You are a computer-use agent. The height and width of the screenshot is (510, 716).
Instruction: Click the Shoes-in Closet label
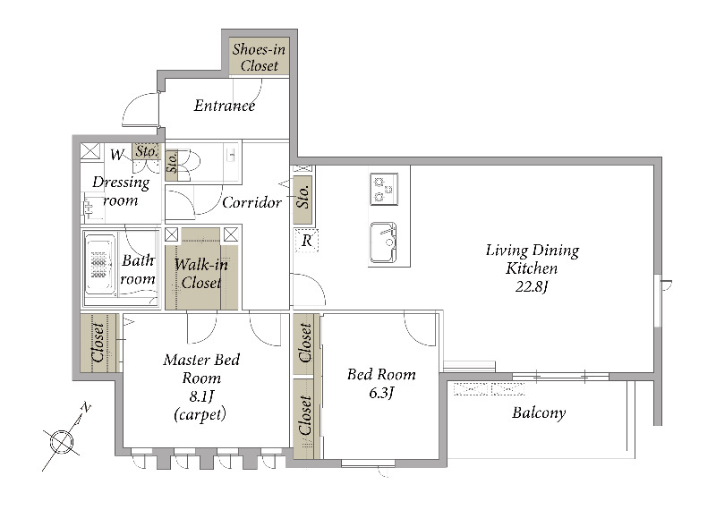pyautogui.click(x=259, y=57)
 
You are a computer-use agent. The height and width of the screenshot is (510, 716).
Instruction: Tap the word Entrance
pyautogui.click(x=225, y=106)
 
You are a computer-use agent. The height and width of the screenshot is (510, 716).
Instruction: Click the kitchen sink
pyautogui.click(x=383, y=242)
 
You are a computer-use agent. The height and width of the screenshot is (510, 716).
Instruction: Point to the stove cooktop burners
pyautogui.click(x=384, y=189)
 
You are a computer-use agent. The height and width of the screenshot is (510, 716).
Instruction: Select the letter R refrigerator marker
pyautogui.click(x=307, y=240)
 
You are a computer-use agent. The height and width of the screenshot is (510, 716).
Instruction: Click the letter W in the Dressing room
pyautogui.click(x=117, y=155)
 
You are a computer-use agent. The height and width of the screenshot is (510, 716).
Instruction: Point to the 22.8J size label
pyautogui.click(x=532, y=286)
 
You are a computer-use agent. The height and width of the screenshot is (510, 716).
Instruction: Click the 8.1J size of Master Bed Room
pyautogui.click(x=200, y=396)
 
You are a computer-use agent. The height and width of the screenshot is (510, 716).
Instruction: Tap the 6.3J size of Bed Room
pyautogui.click(x=381, y=392)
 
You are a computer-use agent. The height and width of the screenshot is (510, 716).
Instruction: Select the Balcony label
pyautogui.click(x=539, y=412)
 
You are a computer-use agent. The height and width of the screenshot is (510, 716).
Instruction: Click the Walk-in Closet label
pyautogui.click(x=200, y=274)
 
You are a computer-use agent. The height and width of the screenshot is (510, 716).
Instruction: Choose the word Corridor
pyautogui.click(x=251, y=202)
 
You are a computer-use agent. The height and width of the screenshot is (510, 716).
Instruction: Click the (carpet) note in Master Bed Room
pyautogui.click(x=200, y=414)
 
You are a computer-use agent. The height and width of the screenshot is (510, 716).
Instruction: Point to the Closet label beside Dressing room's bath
pyautogui.click(x=98, y=343)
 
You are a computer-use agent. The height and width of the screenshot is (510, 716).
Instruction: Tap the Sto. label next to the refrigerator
pyautogui.click(x=303, y=196)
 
